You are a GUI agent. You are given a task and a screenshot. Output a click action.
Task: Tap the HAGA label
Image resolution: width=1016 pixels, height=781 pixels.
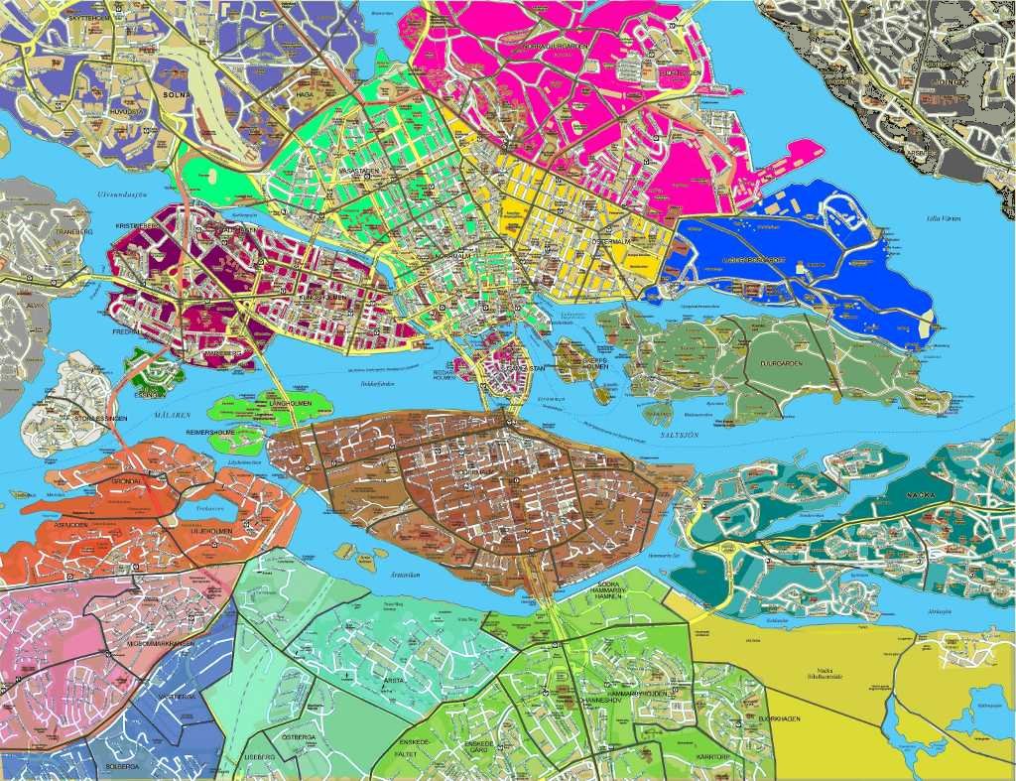click(305, 95)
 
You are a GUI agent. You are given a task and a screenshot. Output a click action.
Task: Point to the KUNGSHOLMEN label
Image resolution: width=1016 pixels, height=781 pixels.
click(322, 297)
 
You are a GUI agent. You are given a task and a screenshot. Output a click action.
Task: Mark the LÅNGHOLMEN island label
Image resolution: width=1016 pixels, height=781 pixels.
click(289, 403)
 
